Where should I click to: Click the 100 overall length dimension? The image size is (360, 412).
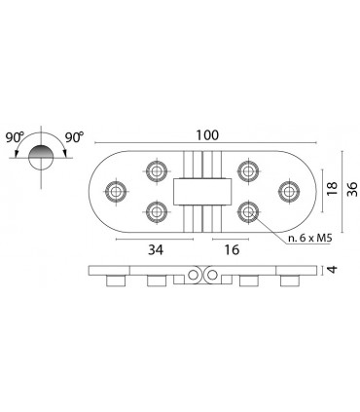pos(207,135)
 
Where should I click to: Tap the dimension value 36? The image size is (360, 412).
pos(352,189)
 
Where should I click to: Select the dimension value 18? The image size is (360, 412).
pos(332,189)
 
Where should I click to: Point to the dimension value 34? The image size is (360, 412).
pos(156,249)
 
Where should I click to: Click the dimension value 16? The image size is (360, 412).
pos(232,249)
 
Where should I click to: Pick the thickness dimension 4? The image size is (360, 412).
pos(333,269)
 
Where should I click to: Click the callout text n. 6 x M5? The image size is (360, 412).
pos(310,239)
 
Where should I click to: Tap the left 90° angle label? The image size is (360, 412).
pos(15,137)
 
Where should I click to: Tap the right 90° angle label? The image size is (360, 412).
pos(74,137)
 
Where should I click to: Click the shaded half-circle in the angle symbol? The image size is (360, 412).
pos(41,152)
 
